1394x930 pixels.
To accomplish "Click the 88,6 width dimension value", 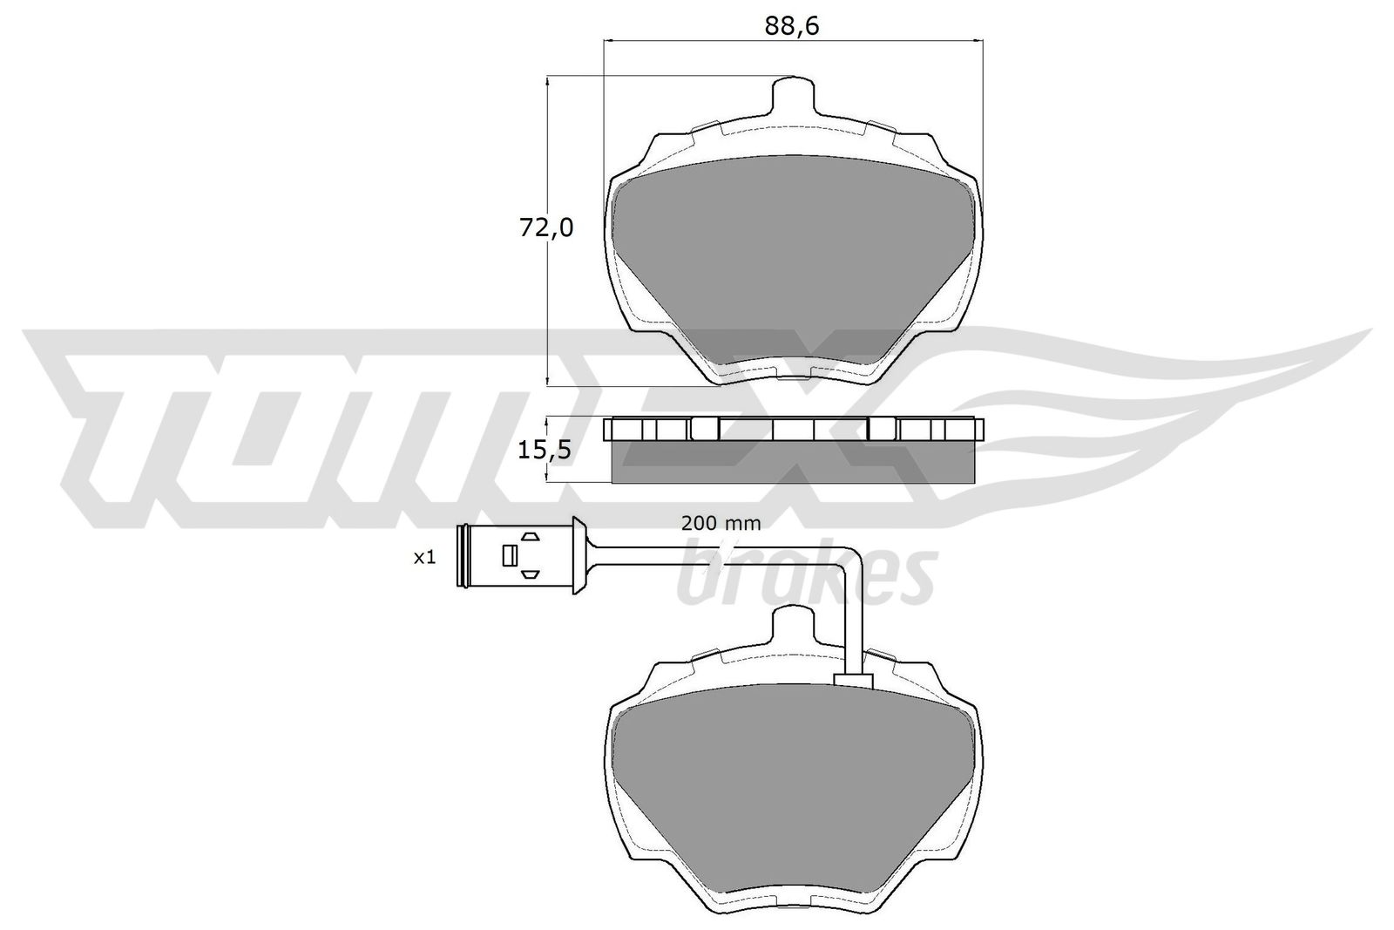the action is pyautogui.click(x=792, y=26).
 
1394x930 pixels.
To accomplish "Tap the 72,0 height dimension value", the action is pyautogui.click(x=545, y=228).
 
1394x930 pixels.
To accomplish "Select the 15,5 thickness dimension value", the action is pyautogui.click(x=544, y=450).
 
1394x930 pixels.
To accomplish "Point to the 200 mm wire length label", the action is pyautogui.click(x=721, y=524).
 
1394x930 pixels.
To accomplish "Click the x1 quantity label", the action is pyautogui.click(x=424, y=558).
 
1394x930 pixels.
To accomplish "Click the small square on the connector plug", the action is pyautogui.click(x=509, y=555).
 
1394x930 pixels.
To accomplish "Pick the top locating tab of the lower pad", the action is pyautogui.click(x=792, y=630).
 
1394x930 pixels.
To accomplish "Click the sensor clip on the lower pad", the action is pyautogui.click(x=853, y=682).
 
